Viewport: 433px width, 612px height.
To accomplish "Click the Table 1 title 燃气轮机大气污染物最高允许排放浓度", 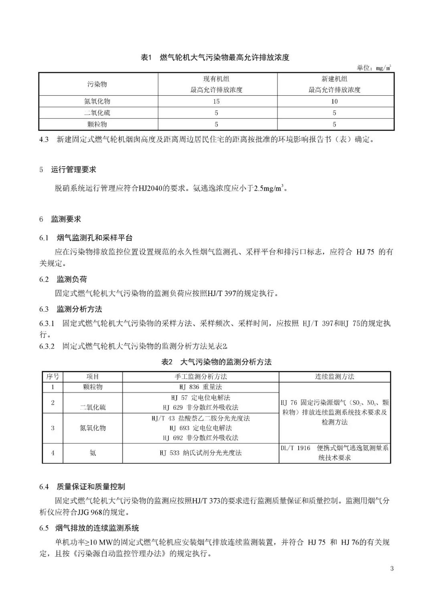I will [224, 57].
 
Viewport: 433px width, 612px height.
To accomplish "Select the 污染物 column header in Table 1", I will [97, 84].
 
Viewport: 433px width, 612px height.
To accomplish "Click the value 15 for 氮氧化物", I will [216, 101].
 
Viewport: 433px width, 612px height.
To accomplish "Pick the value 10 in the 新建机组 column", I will [334, 101].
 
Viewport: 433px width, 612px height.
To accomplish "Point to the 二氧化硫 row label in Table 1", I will [97, 113].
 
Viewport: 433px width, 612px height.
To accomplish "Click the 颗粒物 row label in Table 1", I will [97, 124].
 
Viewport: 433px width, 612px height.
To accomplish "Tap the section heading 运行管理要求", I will [73, 169].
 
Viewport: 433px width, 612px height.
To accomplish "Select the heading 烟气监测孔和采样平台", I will [94, 238].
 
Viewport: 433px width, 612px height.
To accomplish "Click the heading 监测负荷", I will [72, 279].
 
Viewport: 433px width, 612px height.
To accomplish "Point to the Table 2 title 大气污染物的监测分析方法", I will [226, 362].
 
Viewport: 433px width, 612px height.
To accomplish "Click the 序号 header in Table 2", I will [53, 376].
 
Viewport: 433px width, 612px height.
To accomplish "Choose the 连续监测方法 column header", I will [334, 376].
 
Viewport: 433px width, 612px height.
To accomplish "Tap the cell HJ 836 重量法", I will [200, 387].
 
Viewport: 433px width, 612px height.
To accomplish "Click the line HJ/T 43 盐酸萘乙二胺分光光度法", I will [200, 418].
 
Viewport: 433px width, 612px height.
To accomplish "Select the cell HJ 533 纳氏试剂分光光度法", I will [200, 453].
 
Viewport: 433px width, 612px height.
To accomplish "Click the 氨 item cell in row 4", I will [93, 453].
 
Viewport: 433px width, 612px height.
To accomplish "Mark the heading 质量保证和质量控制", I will [91, 487].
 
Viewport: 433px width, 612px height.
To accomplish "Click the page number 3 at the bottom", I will [392, 568].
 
